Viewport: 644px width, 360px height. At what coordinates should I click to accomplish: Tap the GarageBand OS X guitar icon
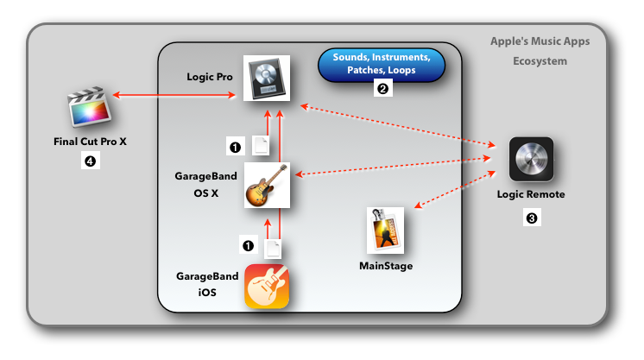tap(266, 184)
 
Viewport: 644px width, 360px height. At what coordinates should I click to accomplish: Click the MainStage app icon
tap(385, 229)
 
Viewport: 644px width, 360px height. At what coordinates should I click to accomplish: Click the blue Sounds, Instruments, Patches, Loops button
tap(382, 64)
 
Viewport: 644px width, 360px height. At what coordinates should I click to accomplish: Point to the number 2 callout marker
tap(381, 88)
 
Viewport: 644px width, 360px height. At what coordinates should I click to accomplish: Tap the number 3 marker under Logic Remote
tap(531, 218)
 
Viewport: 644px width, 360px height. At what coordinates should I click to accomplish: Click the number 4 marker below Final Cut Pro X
tap(88, 160)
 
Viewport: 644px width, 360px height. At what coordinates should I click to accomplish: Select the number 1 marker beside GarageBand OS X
tap(235, 147)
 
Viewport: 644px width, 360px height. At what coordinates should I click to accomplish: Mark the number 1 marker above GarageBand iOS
tap(248, 245)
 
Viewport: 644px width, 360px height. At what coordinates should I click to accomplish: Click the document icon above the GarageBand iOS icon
tap(272, 248)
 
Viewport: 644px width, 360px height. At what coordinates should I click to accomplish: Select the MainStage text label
tap(386, 266)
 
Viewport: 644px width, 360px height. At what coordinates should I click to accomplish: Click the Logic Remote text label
tap(531, 195)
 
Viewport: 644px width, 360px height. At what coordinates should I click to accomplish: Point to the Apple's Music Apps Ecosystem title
tap(540, 51)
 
